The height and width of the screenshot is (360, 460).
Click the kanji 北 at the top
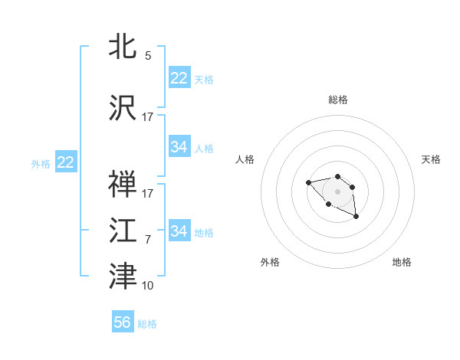click(x=123, y=46)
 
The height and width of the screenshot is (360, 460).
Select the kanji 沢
click(x=123, y=107)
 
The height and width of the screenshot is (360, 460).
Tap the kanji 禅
click(x=123, y=184)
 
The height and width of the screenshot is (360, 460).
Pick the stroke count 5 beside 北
click(x=147, y=56)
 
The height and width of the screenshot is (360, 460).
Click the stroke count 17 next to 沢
click(x=147, y=117)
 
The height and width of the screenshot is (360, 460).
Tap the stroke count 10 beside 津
click(x=147, y=286)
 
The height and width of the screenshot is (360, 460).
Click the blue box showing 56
click(x=123, y=322)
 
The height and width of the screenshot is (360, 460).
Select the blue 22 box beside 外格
click(x=66, y=162)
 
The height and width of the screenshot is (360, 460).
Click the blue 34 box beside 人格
click(x=179, y=147)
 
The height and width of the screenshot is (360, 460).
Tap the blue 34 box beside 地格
click(x=179, y=231)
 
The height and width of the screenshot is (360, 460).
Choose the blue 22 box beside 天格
click(x=179, y=78)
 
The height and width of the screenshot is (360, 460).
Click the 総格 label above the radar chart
click(x=337, y=100)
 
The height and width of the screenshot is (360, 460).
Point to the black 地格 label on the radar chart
click(x=402, y=262)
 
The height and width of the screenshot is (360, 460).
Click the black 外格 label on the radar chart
click(x=270, y=262)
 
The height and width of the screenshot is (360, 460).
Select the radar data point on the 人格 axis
click(x=308, y=182)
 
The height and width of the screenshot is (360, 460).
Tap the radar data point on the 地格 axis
click(x=356, y=218)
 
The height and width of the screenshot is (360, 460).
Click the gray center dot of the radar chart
click(x=337, y=191)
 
